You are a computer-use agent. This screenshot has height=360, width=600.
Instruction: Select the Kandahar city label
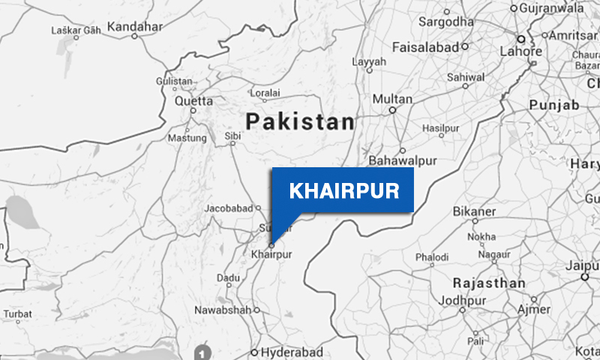135,27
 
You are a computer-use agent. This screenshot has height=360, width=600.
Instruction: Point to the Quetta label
193,100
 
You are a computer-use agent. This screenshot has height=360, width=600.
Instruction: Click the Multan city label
393,99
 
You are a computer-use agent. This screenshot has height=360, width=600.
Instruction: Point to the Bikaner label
474,211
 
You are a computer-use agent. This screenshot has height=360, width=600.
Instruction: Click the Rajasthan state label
489,283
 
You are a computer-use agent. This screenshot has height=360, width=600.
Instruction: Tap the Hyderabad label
292,352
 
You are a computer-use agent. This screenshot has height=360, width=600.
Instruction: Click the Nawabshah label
222,310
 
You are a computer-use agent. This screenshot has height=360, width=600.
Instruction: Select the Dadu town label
228,277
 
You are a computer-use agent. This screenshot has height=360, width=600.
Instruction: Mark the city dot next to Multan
391,109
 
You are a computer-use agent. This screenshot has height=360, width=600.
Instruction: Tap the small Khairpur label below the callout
271,255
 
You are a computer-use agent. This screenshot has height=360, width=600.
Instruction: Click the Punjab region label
554,105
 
